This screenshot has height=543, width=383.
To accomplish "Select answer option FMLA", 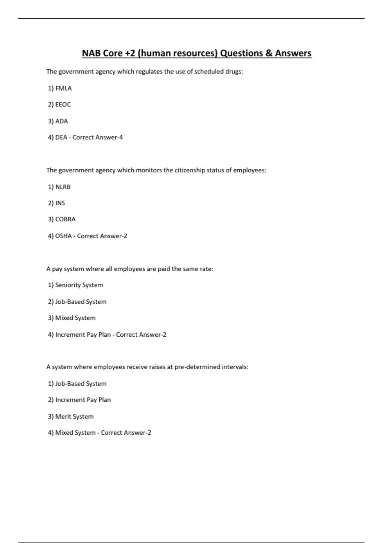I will tap(64, 88).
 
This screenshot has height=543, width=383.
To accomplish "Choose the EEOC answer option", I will tap(63, 104).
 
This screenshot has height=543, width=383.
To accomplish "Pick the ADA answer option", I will tap(62, 121).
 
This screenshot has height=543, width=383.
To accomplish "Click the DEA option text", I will tap(61, 137).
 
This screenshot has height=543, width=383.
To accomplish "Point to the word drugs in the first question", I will tap(234, 72).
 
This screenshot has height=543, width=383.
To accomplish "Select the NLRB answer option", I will tap(63, 187).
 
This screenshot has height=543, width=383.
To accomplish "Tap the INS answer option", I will tap(60, 203).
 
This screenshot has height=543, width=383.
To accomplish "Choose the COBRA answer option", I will tap(65, 219).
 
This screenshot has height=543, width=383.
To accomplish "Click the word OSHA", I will tap(64, 236).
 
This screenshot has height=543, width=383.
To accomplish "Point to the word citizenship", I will tap(190, 170).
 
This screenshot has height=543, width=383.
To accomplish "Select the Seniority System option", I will tap(79, 285).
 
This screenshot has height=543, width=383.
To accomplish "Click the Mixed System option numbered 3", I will tap(75, 318).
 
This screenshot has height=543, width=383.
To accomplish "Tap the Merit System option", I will tap(74, 417).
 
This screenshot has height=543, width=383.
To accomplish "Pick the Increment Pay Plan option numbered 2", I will tap(83, 400).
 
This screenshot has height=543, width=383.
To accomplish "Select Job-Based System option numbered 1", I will tap(81, 384).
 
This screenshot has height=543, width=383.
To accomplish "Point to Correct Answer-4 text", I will tap(98, 137).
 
